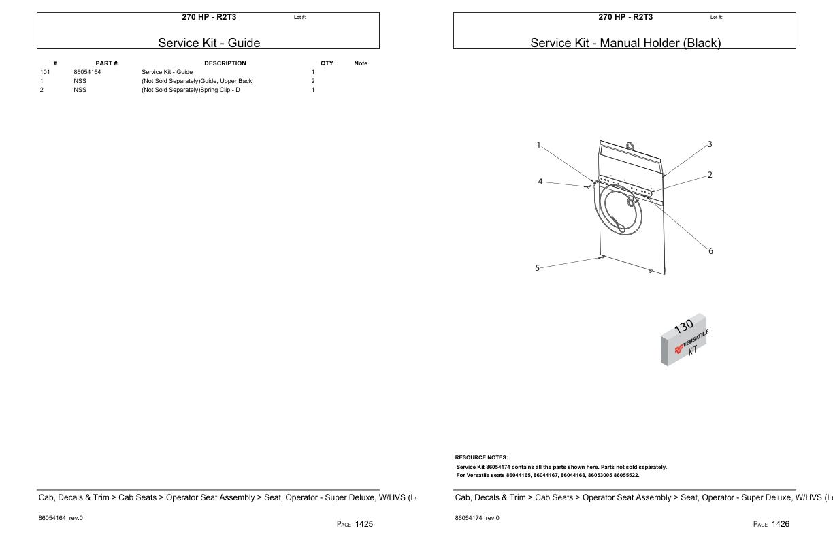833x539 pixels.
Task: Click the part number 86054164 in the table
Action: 87,72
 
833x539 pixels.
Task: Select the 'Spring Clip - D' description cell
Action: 191,90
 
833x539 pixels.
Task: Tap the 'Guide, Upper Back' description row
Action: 197,81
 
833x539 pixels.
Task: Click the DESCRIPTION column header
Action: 225,63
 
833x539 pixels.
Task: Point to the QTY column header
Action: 327,63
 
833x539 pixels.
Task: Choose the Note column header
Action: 361,63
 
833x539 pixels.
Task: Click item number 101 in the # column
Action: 45,72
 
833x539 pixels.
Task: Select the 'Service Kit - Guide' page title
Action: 209,43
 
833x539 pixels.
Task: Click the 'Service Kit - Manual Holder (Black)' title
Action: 625,43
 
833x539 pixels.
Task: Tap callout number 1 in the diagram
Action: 538,144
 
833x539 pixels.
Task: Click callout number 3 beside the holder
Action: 710,144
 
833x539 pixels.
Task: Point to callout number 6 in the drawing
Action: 710,251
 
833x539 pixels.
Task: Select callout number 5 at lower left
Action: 537,268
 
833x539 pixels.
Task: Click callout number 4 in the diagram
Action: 540,182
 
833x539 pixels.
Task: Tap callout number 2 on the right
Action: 710,175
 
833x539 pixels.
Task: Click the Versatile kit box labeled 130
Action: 684,340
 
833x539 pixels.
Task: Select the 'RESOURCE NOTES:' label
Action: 481,457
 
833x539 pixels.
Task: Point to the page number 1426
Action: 780,524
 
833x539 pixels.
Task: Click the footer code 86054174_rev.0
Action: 476,518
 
